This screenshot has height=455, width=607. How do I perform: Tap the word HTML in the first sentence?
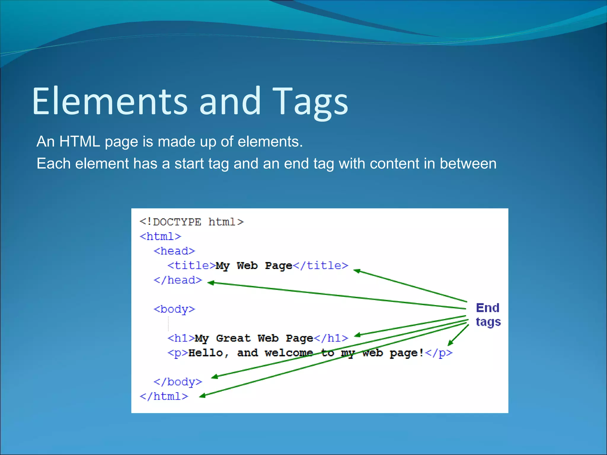click(x=79, y=142)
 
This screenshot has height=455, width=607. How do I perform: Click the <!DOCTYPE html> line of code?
click(x=191, y=222)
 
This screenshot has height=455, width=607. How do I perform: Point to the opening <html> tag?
click(x=160, y=236)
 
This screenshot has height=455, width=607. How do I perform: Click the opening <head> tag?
click(x=174, y=251)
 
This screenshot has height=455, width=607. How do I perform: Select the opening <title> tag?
click(x=191, y=265)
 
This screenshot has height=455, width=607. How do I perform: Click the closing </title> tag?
click(x=321, y=265)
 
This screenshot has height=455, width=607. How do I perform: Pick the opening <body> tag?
click(x=174, y=309)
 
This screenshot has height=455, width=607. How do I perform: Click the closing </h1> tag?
click(x=331, y=338)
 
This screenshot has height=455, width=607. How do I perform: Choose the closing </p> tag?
click(x=439, y=353)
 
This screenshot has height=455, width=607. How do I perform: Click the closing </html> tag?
click(x=164, y=396)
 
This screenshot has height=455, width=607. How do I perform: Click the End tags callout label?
click(x=488, y=315)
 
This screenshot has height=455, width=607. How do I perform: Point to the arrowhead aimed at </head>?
click(x=211, y=283)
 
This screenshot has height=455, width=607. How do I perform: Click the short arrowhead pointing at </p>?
click(x=450, y=343)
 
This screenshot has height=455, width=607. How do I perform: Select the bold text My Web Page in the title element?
click(x=254, y=265)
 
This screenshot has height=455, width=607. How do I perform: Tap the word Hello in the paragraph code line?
click(x=205, y=353)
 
